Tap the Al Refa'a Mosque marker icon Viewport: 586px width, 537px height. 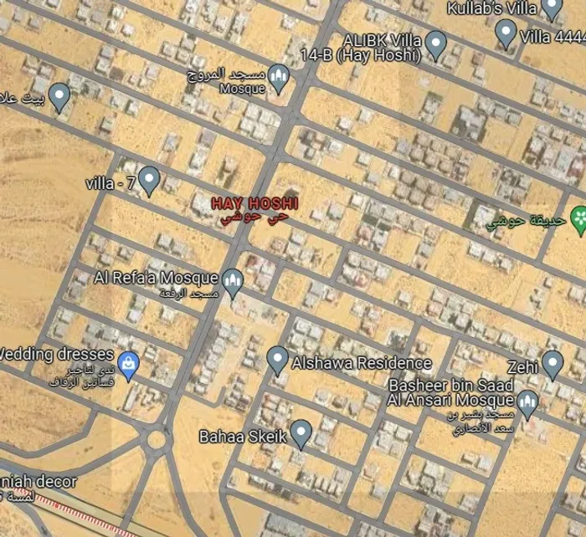pos(234,280)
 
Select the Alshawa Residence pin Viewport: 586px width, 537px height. pos(277,360)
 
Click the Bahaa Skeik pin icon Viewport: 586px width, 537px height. pos(301,432)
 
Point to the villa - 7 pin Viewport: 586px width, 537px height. pos(149,179)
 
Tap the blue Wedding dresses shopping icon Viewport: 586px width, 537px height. pos(127,364)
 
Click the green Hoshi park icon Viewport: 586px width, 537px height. pos(578,219)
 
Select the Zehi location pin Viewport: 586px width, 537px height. pos(552,363)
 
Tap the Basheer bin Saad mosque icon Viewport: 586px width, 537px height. pos(527,403)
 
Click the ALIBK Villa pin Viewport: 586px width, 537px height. pos(435,43)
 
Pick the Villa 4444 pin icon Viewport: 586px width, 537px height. pos(505,33)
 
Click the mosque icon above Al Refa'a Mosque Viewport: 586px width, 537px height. pos(279,78)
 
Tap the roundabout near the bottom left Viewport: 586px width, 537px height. pos(157,438)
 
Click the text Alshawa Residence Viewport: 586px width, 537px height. pos(362,363)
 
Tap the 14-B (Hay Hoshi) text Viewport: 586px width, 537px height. pos(382,57)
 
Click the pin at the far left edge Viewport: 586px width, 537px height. pos(59,96)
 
